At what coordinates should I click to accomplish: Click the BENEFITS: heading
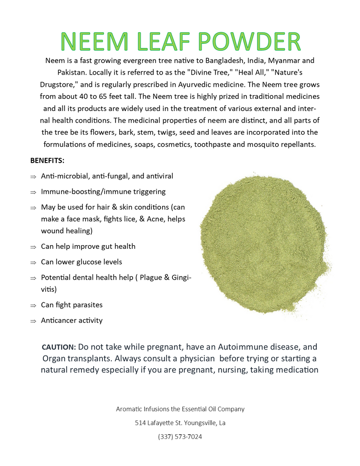tap(48, 160)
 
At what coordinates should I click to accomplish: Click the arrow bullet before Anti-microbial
tap(34, 177)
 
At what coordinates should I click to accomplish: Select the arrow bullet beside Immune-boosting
tap(34, 192)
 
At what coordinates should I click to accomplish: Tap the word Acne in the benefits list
tap(149, 219)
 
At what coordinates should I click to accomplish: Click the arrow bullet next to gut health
tap(34, 247)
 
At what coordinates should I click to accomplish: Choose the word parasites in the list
tap(86, 305)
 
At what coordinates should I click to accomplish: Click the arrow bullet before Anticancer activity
tap(34, 321)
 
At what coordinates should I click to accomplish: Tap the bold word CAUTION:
tap(59, 348)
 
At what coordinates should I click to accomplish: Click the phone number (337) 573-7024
tap(180, 437)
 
